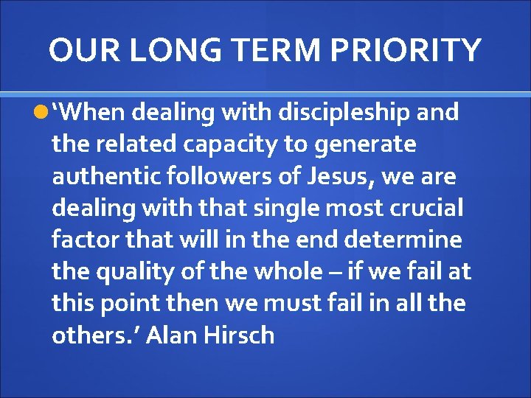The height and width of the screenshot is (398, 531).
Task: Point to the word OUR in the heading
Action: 79,50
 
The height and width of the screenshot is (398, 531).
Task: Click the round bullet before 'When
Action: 41,112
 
